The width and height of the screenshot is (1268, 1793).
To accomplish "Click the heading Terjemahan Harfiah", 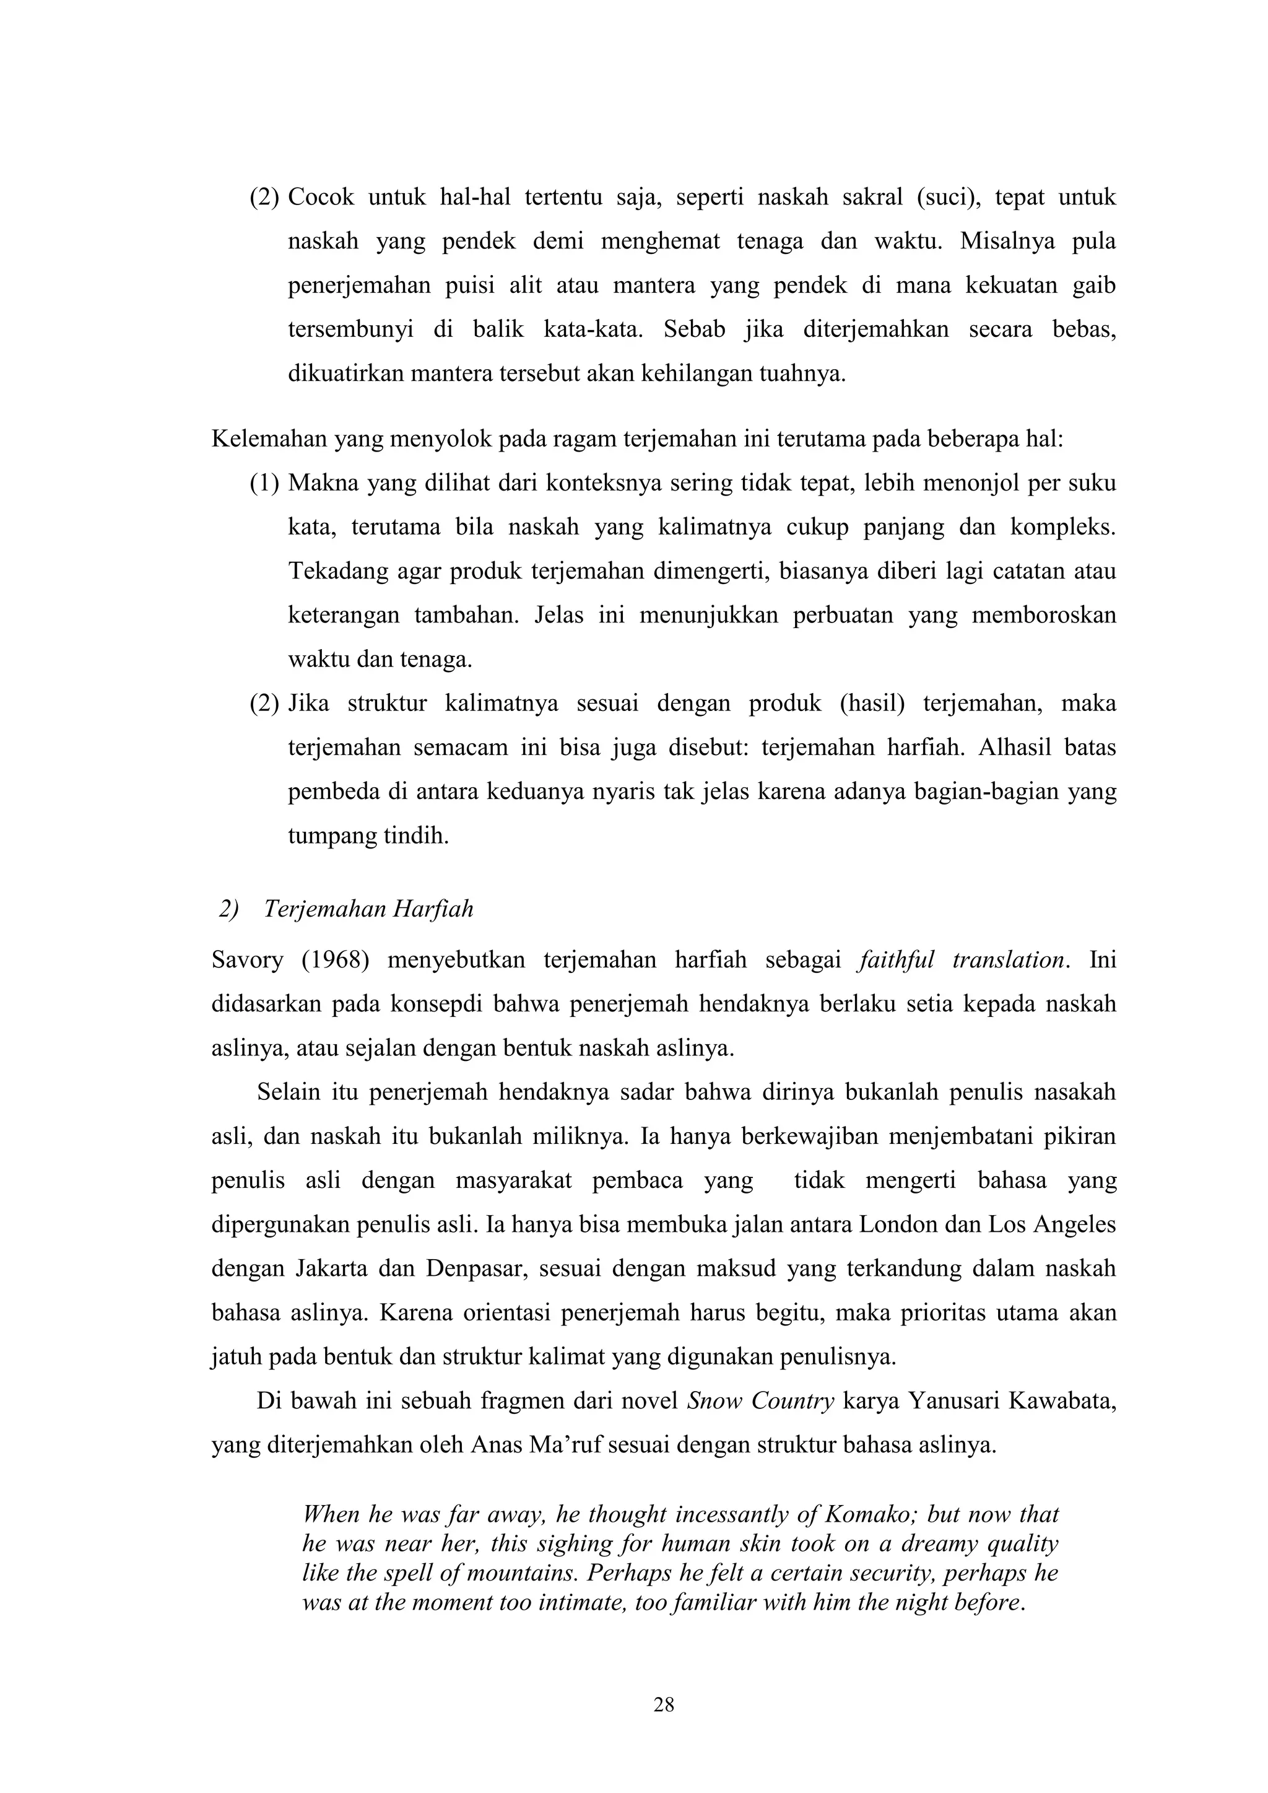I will pyautogui.click(x=368, y=910).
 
